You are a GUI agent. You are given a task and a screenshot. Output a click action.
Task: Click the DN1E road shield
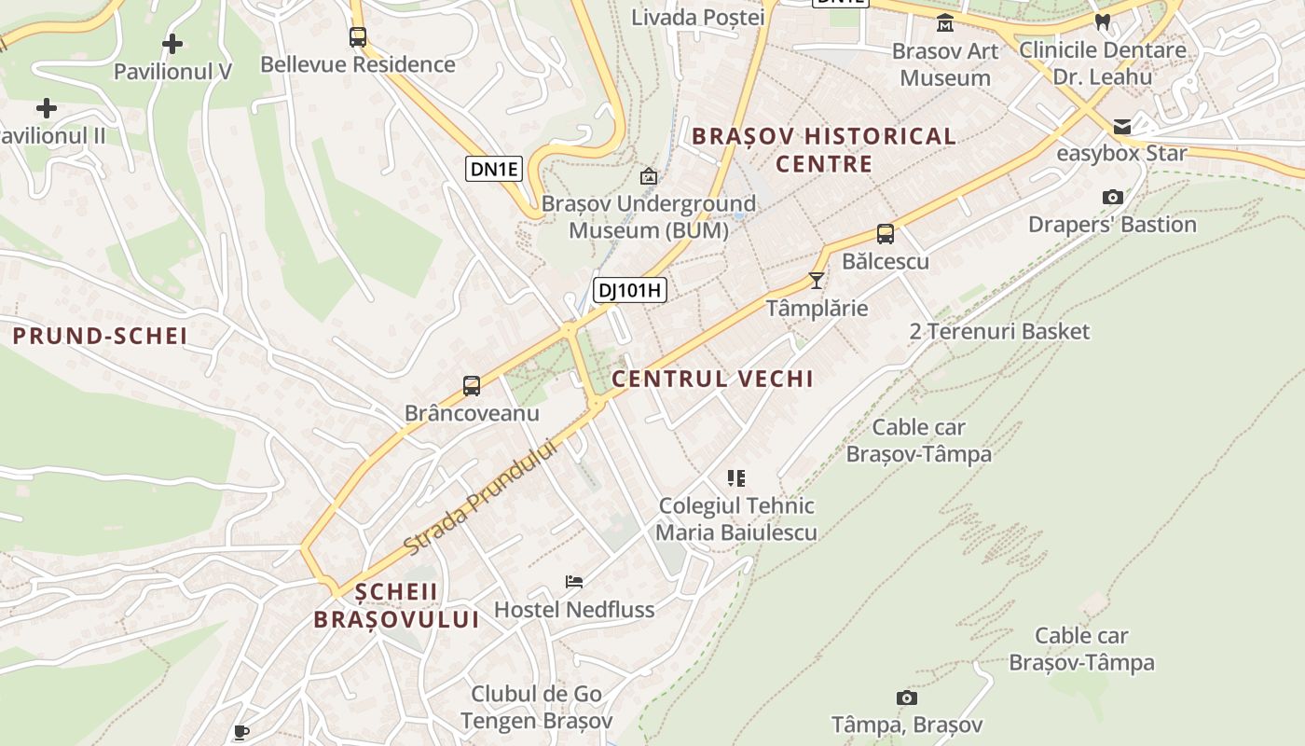pos(494,169)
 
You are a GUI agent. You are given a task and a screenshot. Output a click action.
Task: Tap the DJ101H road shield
pos(629,290)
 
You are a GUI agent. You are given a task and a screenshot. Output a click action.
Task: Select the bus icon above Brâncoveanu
pos(472,385)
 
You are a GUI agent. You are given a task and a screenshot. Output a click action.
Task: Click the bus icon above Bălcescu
pos(885,233)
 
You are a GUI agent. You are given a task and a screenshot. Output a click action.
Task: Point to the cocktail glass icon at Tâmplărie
pos(817,280)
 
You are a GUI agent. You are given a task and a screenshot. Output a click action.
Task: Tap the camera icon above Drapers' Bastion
pos(1112,197)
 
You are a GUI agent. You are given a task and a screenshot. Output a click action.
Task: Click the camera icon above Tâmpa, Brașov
pos(906,698)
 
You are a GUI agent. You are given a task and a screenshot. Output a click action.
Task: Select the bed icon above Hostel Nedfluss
pos(574,582)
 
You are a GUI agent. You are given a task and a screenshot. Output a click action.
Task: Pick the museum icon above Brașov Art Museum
pos(945,22)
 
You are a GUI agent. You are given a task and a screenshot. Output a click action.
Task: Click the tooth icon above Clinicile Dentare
pos(1103,21)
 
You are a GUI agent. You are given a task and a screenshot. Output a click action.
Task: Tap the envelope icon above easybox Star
pos(1121,126)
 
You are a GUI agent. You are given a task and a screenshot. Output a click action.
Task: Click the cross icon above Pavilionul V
pos(172,43)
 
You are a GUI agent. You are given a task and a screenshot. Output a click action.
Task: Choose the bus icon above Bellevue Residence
pos(358,37)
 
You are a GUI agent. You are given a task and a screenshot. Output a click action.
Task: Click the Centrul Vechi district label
pos(712,379)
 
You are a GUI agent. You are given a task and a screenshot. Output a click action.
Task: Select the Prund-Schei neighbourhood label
pos(100,336)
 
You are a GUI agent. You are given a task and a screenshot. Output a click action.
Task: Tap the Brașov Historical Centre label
pos(824,150)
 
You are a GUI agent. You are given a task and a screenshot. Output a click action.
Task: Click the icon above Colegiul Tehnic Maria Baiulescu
pos(736,478)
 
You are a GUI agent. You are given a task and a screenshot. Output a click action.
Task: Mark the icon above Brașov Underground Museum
pos(648,175)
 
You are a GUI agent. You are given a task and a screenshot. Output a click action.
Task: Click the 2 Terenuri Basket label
pos(999,331)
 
